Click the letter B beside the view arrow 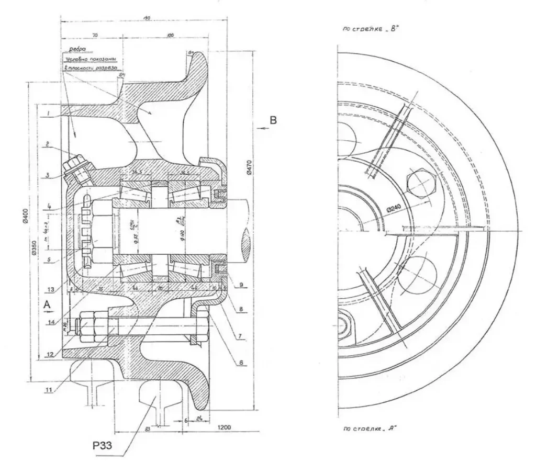pos(272,121)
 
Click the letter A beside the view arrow pos(47,304)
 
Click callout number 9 pos(242,285)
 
